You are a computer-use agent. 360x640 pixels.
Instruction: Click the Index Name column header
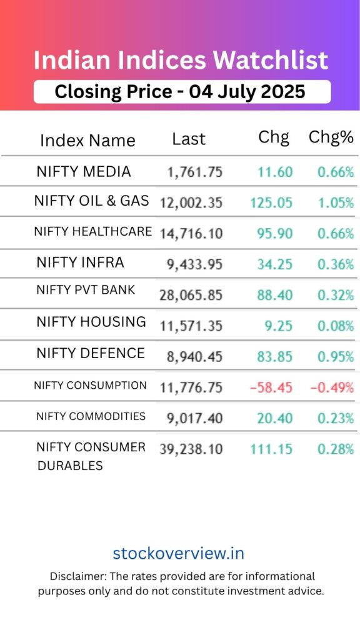click(87, 141)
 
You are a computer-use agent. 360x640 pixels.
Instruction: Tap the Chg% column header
click(331, 138)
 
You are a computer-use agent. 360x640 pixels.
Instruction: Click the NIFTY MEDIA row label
click(84, 172)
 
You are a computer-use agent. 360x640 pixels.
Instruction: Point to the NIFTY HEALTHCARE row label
click(93, 232)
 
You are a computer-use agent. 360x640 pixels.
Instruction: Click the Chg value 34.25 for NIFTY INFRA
click(274, 264)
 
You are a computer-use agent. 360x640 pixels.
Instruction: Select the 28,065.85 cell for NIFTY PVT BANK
click(191, 295)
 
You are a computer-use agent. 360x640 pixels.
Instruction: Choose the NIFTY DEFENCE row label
click(91, 353)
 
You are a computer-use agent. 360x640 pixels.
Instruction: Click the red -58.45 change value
click(271, 387)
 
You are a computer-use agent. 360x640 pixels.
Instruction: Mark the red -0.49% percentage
click(332, 387)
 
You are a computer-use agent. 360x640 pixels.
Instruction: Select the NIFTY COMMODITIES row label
click(91, 416)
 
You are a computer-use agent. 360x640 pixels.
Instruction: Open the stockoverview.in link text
click(179, 554)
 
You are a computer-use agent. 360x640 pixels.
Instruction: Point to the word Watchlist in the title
click(270, 61)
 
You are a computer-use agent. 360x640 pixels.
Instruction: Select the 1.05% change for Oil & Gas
click(335, 202)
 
